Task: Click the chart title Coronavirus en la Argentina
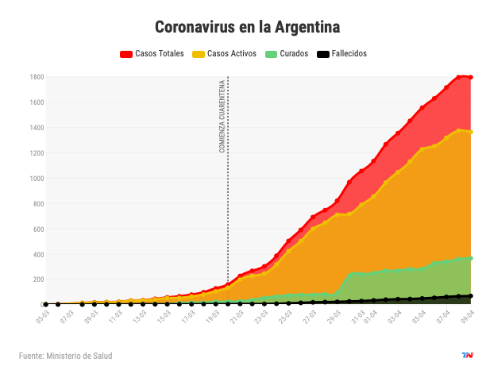[x=247, y=27]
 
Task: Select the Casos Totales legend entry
[x=152, y=54]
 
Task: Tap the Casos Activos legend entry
[x=228, y=54]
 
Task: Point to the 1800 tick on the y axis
[x=37, y=77]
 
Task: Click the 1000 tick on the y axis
[x=37, y=178]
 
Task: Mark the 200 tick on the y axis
[x=38, y=279]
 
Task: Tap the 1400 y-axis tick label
[x=37, y=128]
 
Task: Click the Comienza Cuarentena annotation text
[x=222, y=116]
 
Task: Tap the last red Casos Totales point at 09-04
[x=471, y=77]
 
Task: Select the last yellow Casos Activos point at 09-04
[x=471, y=132]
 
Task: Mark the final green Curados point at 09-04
[x=471, y=258]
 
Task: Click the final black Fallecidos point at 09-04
[x=471, y=296]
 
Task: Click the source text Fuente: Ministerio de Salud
[x=65, y=356]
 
